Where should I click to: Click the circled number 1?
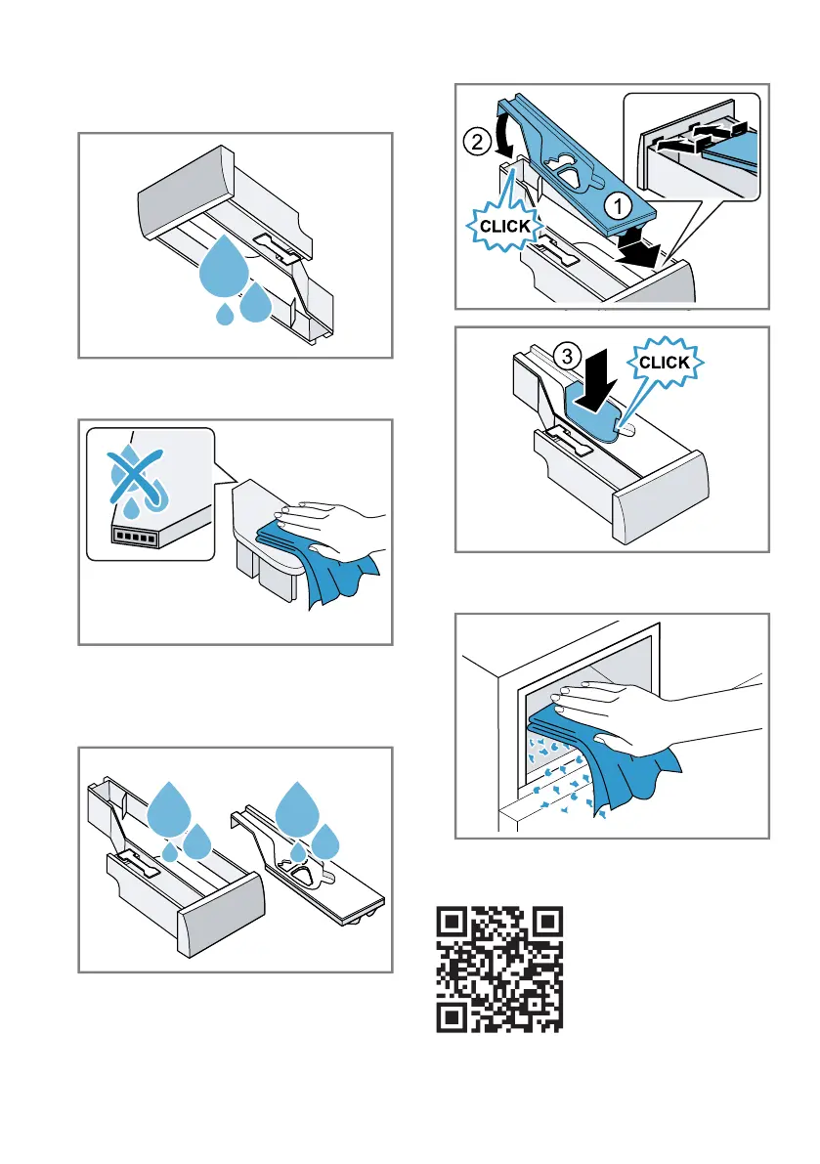tap(618, 207)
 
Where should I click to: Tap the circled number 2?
tap(477, 141)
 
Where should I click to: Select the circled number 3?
tap(567, 357)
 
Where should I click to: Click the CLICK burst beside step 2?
tap(504, 225)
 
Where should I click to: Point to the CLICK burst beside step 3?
tap(665, 363)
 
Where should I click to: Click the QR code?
tap(499, 969)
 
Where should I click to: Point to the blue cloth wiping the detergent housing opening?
tap(597, 754)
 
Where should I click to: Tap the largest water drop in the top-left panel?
tap(224, 267)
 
